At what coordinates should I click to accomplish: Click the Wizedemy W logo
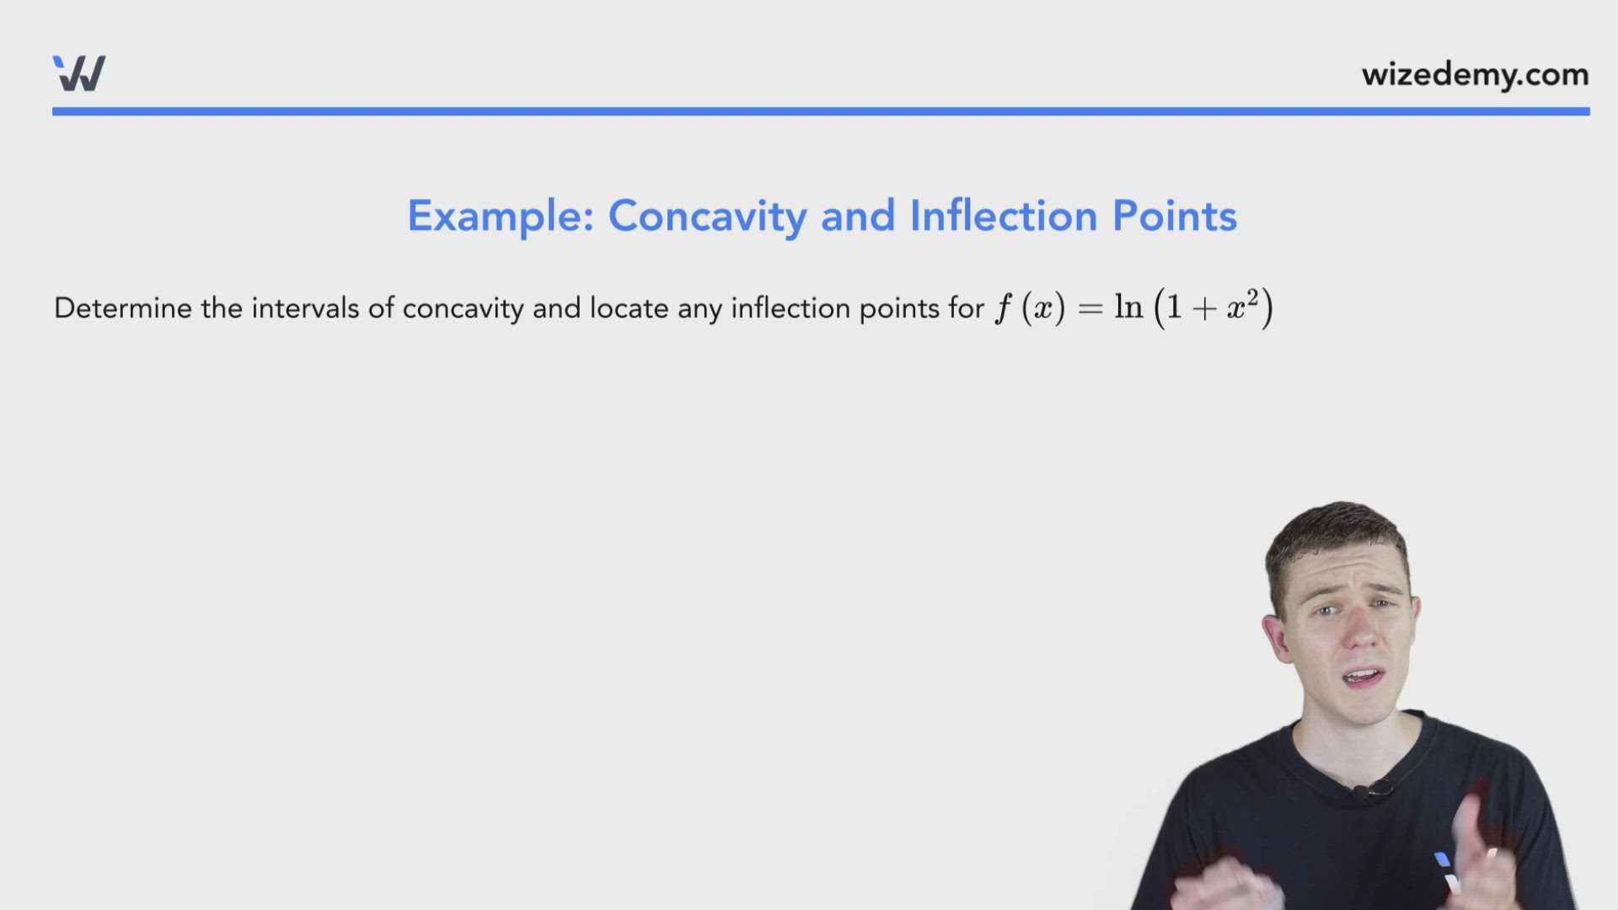(79, 73)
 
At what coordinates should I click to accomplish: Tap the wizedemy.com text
(1475, 75)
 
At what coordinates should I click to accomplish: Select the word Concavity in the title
(707, 216)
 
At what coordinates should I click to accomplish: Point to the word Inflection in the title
(1003, 216)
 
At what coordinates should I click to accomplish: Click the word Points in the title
(1175, 216)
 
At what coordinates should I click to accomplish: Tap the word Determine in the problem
(123, 308)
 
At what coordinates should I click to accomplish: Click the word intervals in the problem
(305, 308)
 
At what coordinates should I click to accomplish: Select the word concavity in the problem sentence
(463, 308)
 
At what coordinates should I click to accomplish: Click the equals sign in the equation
(1090, 308)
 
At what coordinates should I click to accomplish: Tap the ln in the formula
(1128, 307)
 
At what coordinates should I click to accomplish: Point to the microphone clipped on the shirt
(1362, 792)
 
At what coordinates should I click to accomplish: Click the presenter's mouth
(1362, 677)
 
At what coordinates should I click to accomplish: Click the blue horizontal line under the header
(821, 111)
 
